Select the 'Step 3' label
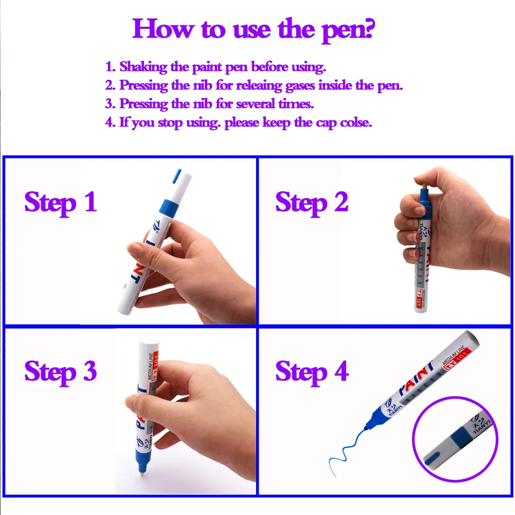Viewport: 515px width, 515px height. (x=61, y=372)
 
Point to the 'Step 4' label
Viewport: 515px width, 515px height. (x=312, y=372)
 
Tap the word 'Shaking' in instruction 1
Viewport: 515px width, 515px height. (x=143, y=67)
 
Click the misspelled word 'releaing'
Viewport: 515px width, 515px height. (x=259, y=85)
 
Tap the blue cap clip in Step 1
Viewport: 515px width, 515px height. (x=177, y=176)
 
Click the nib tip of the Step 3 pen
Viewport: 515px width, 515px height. (x=143, y=475)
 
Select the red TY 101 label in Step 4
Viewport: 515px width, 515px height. (x=456, y=361)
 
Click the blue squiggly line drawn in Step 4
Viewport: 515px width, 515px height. (x=347, y=453)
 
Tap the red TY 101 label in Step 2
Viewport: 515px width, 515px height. (x=419, y=299)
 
